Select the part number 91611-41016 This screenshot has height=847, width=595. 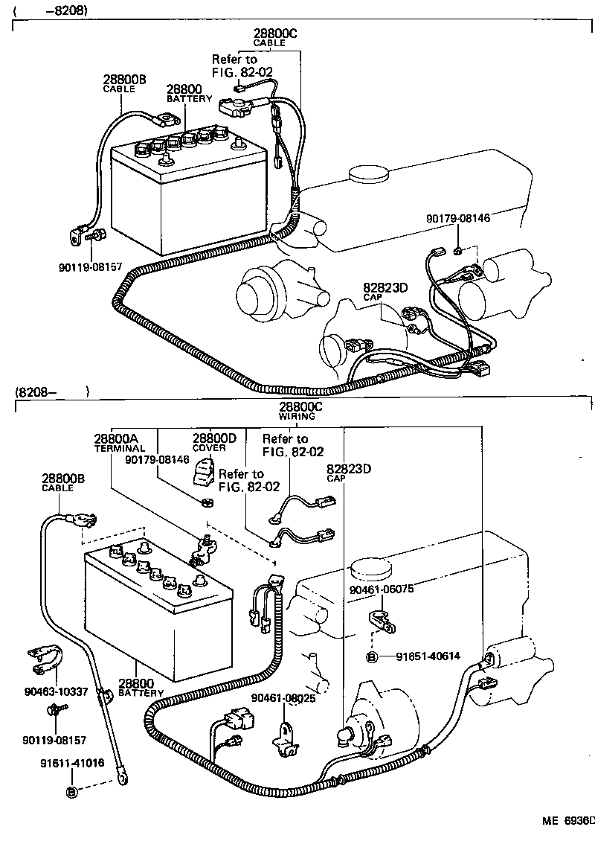tap(72, 763)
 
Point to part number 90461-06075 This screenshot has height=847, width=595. tap(382, 588)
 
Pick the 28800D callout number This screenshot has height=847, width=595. tap(214, 439)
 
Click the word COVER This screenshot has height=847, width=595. tap(209, 449)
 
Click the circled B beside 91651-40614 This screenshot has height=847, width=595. tap(372, 656)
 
